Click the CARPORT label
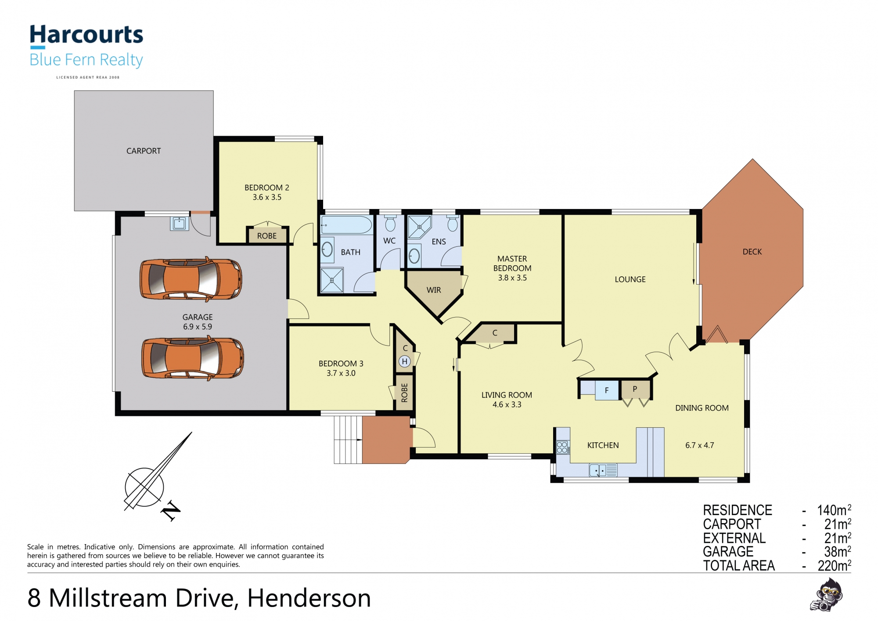point(144,151)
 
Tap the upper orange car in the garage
point(191,279)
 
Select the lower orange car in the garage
point(192,358)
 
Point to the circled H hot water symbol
point(404,361)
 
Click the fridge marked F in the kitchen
point(606,390)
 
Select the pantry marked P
point(635,389)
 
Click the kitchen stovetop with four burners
point(562,448)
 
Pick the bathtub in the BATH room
point(346,225)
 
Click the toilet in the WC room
point(390,224)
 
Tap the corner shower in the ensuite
point(419,227)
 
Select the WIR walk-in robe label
point(434,290)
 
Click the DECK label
point(752,252)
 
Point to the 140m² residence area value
point(834,510)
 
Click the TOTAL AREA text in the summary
point(739,566)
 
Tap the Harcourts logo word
point(86,35)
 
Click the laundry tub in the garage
point(179,223)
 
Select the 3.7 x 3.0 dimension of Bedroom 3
point(341,373)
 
